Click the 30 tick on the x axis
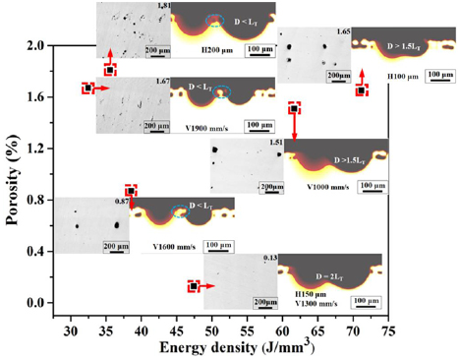coord(71,326)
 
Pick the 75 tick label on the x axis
coord(389,326)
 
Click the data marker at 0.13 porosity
coord(194,286)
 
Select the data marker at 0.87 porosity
coord(129,191)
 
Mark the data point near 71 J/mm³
coord(362,90)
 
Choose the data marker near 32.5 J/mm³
coord(88,88)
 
